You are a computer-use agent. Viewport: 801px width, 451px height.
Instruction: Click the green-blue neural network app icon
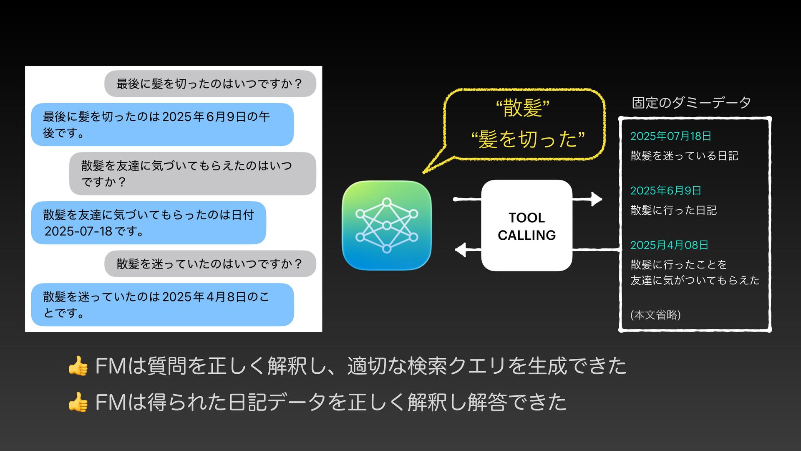point(386,225)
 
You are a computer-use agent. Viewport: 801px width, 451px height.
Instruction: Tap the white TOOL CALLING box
point(526,225)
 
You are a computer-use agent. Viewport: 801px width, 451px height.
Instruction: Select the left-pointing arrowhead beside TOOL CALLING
point(461,250)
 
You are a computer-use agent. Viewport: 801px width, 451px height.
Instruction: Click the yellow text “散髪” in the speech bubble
point(523,108)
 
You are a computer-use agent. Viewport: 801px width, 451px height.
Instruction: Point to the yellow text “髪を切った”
point(528,139)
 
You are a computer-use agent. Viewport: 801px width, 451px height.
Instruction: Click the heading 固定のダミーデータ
point(691,102)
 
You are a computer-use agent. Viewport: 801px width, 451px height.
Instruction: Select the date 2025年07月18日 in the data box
point(670,136)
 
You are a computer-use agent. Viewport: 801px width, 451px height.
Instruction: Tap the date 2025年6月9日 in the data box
point(665,191)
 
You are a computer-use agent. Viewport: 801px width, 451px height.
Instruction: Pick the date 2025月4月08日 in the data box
point(669,245)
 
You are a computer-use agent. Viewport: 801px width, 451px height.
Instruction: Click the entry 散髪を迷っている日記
point(684,156)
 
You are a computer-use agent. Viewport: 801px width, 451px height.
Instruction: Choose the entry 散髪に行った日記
point(673,210)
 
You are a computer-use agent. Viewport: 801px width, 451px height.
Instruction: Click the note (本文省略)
point(655,315)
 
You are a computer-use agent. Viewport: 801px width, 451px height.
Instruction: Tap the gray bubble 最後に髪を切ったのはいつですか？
point(210,84)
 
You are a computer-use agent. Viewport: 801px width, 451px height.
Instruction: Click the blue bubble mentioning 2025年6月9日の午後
point(162,124)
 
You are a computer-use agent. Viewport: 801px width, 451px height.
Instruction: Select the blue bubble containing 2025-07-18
point(149,223)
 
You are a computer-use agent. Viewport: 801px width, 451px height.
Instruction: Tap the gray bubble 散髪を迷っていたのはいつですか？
point(210,264)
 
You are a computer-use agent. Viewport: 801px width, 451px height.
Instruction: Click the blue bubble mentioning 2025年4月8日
point(162,304)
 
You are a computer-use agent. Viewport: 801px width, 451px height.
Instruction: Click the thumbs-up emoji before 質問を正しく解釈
point(78,366)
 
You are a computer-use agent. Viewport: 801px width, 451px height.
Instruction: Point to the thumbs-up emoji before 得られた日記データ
point(78,402)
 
